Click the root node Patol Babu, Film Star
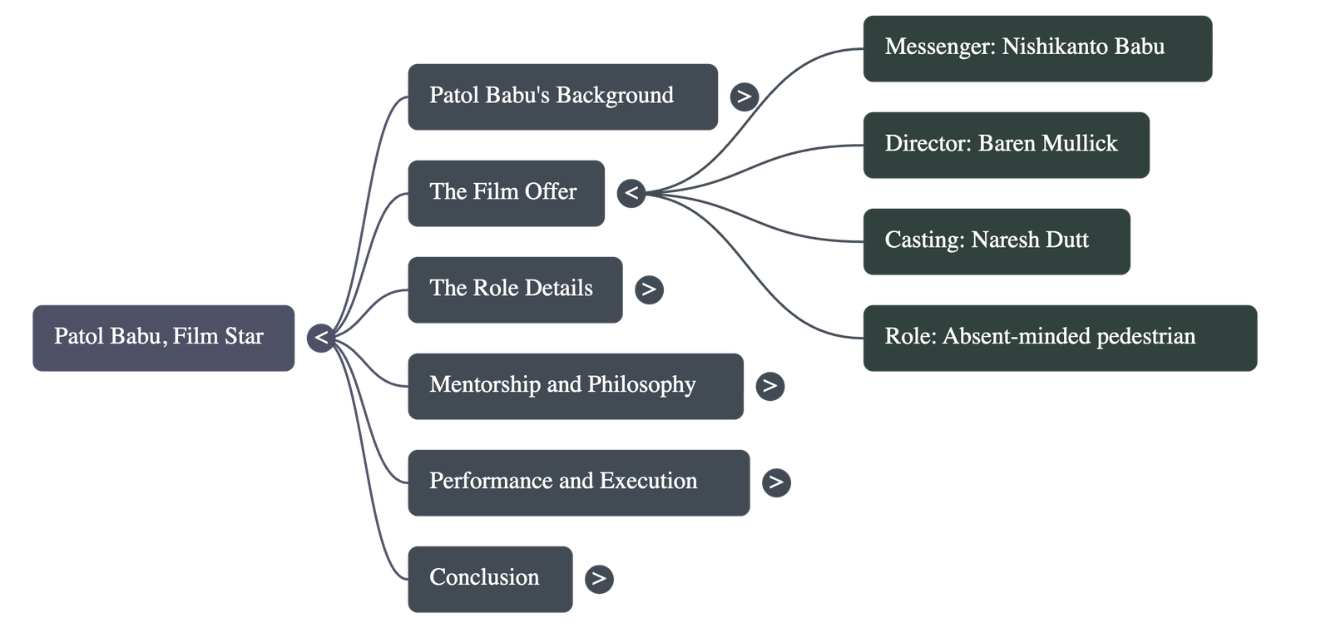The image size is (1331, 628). point(164,337)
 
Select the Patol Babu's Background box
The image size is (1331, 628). point(562,96)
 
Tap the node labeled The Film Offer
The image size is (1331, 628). point(506,193)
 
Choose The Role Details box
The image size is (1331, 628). point(514,289)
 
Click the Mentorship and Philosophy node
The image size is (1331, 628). point(575,386)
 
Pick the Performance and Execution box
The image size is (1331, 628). point(578,482)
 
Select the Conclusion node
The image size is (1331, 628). point(490,579)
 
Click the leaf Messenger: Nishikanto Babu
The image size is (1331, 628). point(1037,47)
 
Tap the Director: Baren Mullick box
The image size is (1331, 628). point(1006,145)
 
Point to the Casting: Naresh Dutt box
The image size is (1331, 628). point(996,241)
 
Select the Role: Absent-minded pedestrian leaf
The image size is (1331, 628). point(1059,337)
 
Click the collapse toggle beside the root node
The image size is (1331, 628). point(321,339)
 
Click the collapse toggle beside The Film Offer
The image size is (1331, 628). point(631,194)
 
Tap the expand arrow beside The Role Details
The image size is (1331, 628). point(649,289)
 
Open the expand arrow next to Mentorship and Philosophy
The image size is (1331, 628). point(770,386)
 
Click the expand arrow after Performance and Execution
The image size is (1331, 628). point(776,482)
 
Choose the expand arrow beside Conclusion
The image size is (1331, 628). point(599,579)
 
